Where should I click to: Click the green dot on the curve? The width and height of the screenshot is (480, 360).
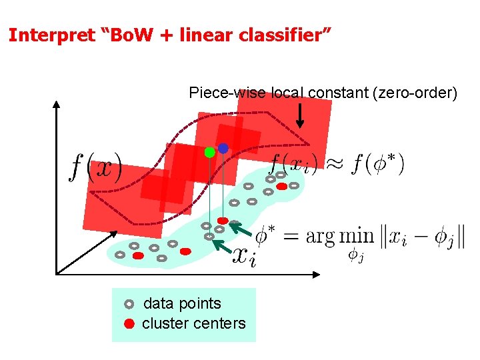pyautogui.click(x=210, y=152)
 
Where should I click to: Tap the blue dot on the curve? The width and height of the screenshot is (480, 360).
pyautogui.click(x=223, y=148)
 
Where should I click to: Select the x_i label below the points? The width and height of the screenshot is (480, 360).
pyautogui.click(x=243, y=255)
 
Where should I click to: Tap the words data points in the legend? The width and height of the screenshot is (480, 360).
pyautogui.click(x=182, y=303)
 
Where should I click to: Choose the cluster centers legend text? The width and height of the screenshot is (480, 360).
pyautogui.click(x=193, y=323)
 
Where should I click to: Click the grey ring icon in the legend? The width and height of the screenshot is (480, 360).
pyautogui.click(x=129, y=304)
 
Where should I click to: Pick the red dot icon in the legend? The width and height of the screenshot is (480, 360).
pyautogui.click(x=129, y=324)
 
